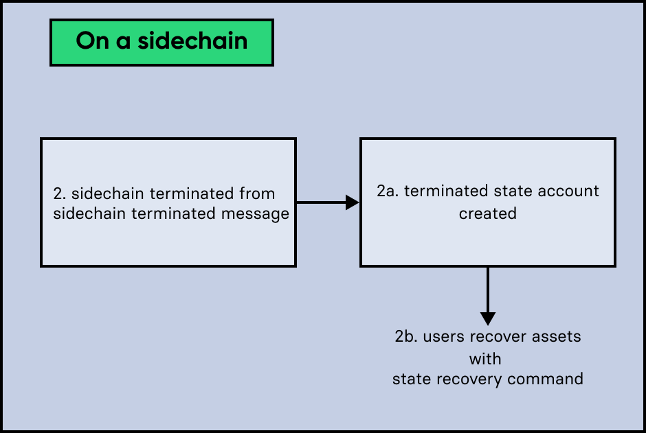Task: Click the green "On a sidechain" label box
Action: pos(161,43)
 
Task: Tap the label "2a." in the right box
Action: pos(388,191)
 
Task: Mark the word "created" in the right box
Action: pos(487,213)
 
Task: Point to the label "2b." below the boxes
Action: pos(406,337)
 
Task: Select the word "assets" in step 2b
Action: pos(557,337)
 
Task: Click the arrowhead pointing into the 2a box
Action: pos(353,202)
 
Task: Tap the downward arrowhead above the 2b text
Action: pos(487,319)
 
